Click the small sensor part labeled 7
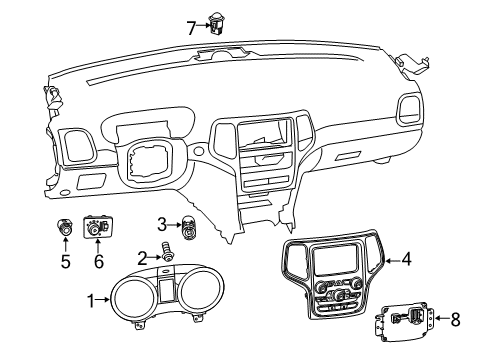pos(215,18)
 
